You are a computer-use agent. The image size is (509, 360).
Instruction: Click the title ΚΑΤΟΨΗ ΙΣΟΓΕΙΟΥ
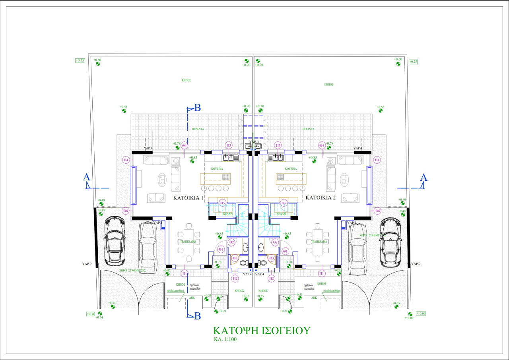[x=261, y=331]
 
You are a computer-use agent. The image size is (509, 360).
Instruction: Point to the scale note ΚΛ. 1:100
[x=225, y=340]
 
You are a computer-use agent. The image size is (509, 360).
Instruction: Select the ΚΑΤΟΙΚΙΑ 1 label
[x=188, y=197]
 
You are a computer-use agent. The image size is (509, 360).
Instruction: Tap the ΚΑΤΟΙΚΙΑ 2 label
[x=321, y=197]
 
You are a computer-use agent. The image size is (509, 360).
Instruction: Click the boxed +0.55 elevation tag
[x=80, y=61]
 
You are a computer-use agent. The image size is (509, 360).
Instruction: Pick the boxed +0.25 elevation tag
[x=413, y=62]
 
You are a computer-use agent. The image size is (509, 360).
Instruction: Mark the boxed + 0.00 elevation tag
[x=420, y=314]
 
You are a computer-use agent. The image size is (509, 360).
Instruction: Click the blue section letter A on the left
[x=86, y=178]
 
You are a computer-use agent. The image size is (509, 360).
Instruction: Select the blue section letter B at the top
[x=197, y=108]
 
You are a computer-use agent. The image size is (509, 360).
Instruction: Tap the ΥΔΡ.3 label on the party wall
[x=254, y=142]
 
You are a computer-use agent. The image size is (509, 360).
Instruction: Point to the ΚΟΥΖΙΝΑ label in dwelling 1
[x=217, y=169]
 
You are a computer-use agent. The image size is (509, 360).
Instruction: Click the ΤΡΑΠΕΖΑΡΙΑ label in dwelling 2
[x=319, y=242]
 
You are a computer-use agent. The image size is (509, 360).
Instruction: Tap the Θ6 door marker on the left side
[x=126, y=211]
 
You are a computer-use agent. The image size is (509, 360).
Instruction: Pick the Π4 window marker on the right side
[x=377, y=160]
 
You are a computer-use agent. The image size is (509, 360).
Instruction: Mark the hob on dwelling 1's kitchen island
[x=226, y=177]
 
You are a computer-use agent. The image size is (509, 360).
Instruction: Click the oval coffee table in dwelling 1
[x=162, y=180]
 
